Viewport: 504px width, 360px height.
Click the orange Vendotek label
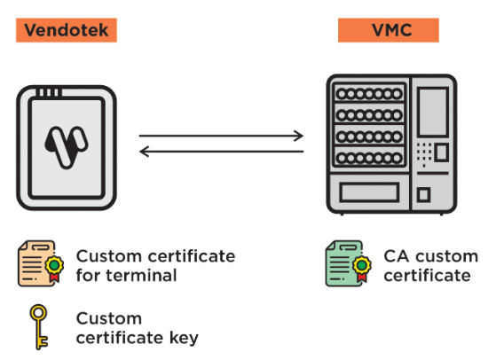(x=67, y=30)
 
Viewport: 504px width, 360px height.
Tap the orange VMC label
(x=389, y=30)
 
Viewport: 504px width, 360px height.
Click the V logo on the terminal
(x=67, y=147)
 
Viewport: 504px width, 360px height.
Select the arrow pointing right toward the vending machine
(x=221, y=136)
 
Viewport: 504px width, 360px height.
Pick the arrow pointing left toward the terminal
(x=221, y=152)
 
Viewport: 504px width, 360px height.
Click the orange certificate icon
(x=41, y=263)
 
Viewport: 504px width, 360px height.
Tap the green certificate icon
(x=348, y=263)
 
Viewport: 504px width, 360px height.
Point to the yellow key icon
(x=39, y=327)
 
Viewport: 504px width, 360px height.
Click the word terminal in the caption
(x=141, y=276)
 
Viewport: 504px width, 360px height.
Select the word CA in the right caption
(x=397, y=256)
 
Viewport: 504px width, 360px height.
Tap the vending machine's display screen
(x=433, y=112)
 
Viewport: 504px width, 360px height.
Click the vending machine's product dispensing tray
(x=369, y=192)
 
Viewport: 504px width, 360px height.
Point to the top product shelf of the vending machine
(x=369, y=94)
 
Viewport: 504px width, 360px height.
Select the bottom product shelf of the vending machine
(x=369, y=158)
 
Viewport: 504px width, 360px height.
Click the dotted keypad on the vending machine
(x=424, y=153)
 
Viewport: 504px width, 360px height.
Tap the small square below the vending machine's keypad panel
(x=423, y=194)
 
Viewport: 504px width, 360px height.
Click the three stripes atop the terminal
(x=49, y=92)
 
